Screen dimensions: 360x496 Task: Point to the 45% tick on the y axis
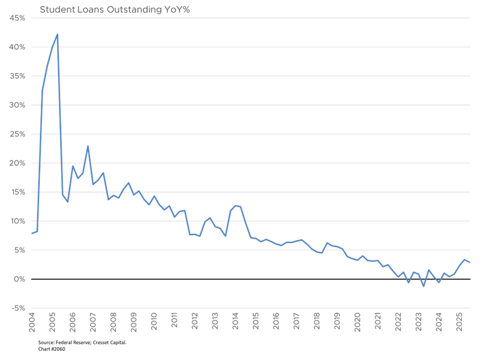pyautogui.click(x=18, y=18)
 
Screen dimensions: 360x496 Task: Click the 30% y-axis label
pyautogui.click(x=18, y=105)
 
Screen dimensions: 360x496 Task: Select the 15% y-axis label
pyautogui.click(x=18, y=192)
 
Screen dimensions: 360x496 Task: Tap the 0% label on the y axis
pyautogui.click(x=20, y=279)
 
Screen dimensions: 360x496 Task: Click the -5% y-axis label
pyautogui.click(x=19, y=308)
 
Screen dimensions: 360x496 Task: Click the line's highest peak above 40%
pyautogui.click(x=58, y=34)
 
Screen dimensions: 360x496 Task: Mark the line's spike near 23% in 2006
pyautogui.click(x=88, y=146)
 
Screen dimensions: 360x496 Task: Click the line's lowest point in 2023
pyautogui.click(x=424, y=287)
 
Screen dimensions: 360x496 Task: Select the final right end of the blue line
pyautogui.click(x=469, y=263)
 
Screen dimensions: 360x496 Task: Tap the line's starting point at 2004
pyautogui.click(x=32, y=233)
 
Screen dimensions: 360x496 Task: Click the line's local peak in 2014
pyautogui.click(x=236, y=205)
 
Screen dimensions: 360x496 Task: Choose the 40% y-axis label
pyautogui.click(x=18, y=47)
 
